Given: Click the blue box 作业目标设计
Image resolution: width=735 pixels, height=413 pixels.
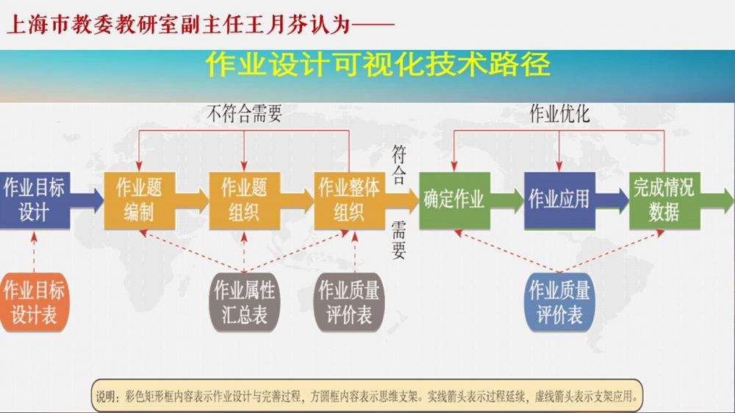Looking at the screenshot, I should pyautogui.click(x=34, y=200).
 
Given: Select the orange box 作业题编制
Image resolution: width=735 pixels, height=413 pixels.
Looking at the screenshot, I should pyautogui.click(x=139, y=200).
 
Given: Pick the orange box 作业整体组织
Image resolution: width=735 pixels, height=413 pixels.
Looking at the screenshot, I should pyautogui.click(x=348, y=200).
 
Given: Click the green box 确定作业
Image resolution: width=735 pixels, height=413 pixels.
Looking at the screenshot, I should pyautogui.click(x=453, y=200).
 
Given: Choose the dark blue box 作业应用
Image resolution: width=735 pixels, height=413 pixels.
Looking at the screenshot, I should pyautogui.click(x=559, y=200).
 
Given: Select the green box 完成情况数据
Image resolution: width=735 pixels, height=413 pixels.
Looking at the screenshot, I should pyautogui.click(x=664, y=200).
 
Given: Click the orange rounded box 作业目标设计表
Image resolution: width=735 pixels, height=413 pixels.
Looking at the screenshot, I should pyautogui.click(x=34, y=302).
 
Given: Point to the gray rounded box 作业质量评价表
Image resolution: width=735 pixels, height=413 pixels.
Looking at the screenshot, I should pyautogui.click(x=348, y=302).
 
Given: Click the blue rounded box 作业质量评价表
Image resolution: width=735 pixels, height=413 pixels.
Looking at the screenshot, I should pyautogui.click(x=559, y=302).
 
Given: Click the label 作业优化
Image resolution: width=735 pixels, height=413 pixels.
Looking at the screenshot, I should pyautogui.click(x=559, y=114).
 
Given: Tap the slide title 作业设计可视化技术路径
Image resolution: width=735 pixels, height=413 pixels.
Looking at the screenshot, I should pyautogui.click(x=378, y=65).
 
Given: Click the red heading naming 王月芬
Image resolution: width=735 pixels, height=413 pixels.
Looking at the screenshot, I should pyautogui.click(x=198, y=24).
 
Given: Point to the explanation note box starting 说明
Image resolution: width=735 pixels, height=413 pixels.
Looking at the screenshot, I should pyautogui.click(x=367, y=396).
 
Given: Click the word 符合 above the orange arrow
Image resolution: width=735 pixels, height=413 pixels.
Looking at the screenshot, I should pyautogui.click(x=398, y=163).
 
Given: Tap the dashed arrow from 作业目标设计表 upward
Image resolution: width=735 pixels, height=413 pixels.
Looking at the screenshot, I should pyautogui.click(x=34, y=250).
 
